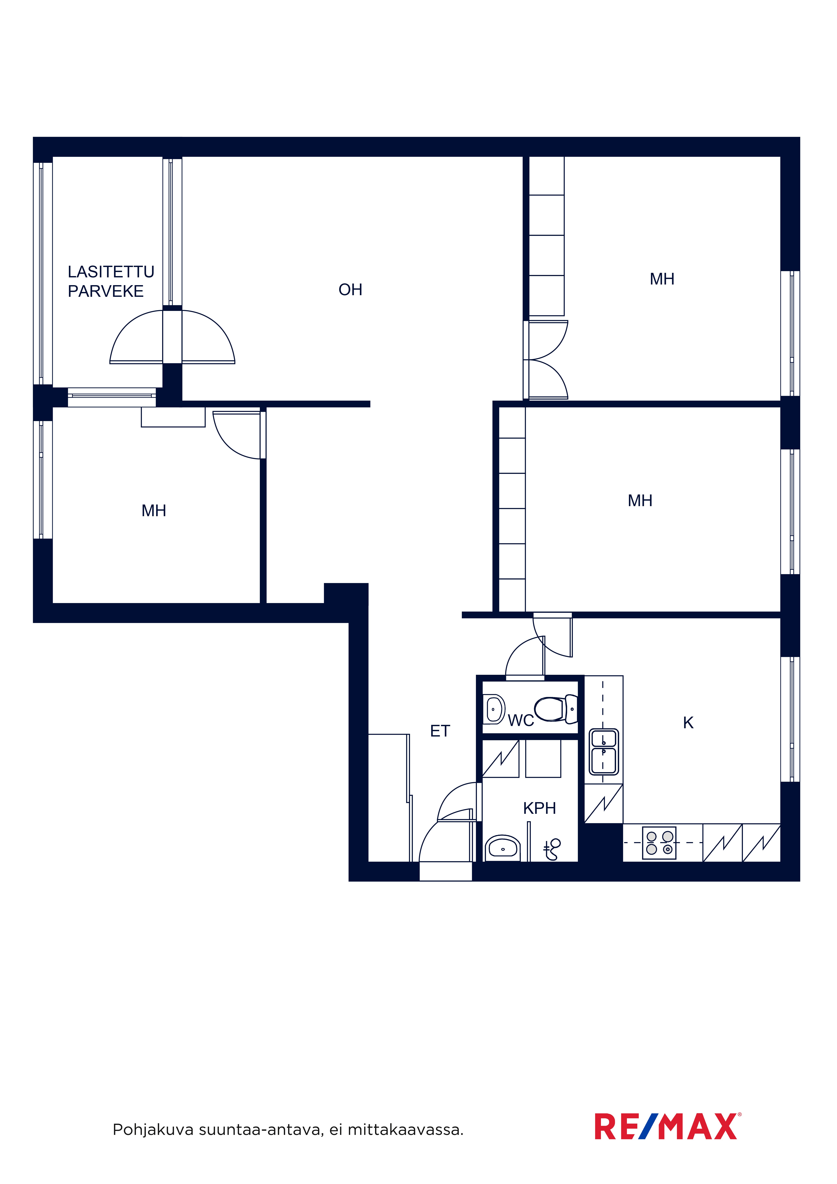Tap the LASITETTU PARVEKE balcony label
111,282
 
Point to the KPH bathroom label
539,808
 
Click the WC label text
521,720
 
